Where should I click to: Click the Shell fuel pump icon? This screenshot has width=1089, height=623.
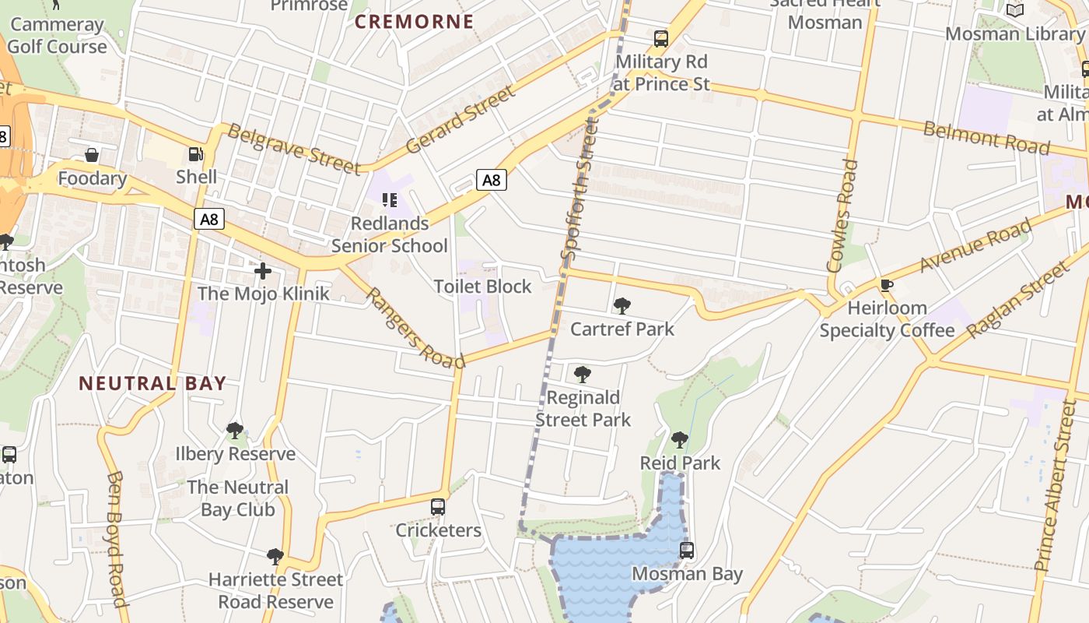pos(196,154)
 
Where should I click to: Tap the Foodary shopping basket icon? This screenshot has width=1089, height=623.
pos(92,156)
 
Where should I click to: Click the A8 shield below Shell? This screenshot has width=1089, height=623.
pos(209,220)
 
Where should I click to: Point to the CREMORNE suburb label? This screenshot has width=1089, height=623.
pos(414,22)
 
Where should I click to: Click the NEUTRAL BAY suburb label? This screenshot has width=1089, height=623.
pos(153,383)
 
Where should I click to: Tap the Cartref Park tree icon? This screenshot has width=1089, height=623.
pos(622,306)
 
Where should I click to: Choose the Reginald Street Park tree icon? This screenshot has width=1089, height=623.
pos(582,375)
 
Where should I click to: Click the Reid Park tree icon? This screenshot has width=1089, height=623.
pos(679,440)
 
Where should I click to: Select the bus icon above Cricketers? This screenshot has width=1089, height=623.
pos(438,507)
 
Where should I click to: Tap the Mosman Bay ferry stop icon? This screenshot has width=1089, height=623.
pos(686,551)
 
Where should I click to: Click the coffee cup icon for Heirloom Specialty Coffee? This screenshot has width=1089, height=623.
pos(886,285)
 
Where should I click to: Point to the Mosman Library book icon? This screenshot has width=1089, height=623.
pos(1014,11)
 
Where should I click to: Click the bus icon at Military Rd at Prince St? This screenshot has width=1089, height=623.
pos(660,38)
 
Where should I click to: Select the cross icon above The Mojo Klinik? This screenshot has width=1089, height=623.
pos(263,271)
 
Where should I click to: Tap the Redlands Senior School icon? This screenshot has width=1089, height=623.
pos(390,200)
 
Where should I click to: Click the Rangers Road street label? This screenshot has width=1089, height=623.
pos(415,328)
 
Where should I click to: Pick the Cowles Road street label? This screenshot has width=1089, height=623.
pos(842,216)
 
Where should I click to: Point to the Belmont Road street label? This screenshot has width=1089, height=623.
pos(986,139)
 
